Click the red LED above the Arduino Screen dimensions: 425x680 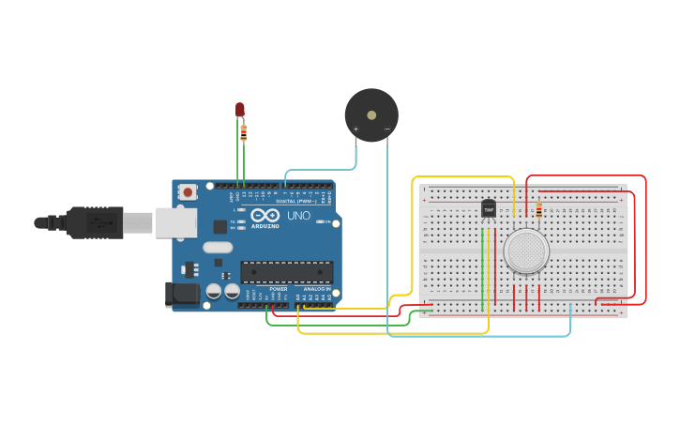240,110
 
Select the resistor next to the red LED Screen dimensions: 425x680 244,132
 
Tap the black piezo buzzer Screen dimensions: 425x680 371,114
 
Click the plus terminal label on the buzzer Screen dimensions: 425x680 355,129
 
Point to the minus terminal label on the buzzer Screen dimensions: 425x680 386,129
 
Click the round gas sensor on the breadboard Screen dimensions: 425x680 526,251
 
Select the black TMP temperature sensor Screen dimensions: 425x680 489,209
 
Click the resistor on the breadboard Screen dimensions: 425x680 538,211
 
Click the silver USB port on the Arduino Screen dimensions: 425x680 176,222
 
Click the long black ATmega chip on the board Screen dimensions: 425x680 287,272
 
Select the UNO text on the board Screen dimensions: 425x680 298,216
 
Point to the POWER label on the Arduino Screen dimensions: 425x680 279,289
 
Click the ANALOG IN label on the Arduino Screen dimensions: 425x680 315,289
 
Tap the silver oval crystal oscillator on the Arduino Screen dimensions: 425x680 217,248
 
